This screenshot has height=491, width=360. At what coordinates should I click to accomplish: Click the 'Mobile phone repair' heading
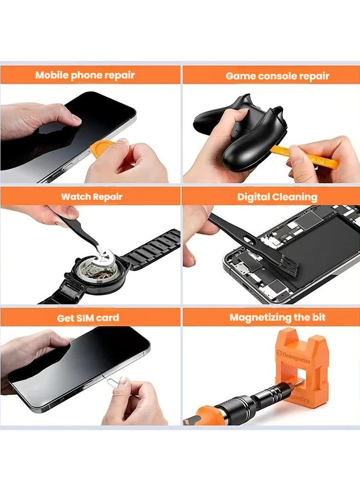pos(85,75)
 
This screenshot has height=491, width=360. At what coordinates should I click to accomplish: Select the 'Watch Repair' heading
pos(92,197)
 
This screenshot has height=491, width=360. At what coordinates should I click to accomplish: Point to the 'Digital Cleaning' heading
pos(277,197)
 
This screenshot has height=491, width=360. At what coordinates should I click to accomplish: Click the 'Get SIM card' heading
pos(88,318)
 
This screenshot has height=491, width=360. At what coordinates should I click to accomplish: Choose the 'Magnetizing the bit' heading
pos(277,317)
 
